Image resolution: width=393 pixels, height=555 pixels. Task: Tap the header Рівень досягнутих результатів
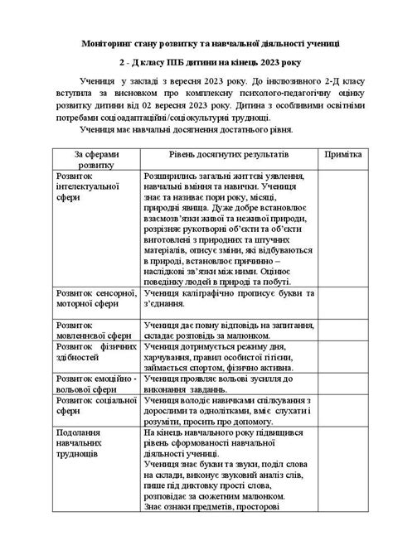pyautogui.click(x=217, y=155)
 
